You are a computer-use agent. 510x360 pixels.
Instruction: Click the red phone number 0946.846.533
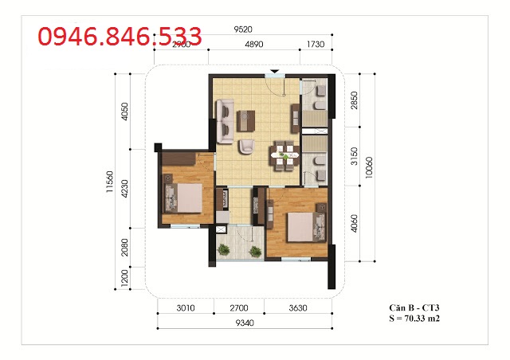click(x=120, y=37)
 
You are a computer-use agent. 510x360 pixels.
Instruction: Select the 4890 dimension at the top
click(x=253, y=45)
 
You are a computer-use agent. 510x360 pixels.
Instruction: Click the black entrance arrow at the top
click(x=276, y=72)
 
